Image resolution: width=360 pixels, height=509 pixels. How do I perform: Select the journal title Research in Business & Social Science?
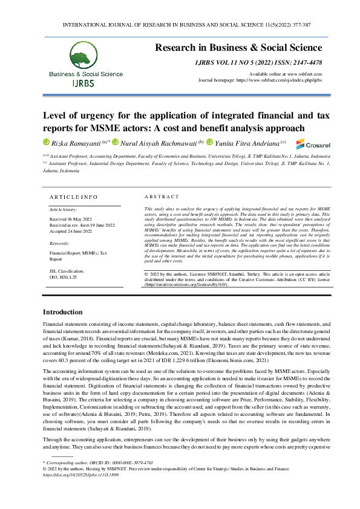(238, 48)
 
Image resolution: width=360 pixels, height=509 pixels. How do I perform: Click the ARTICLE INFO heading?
(73, 197)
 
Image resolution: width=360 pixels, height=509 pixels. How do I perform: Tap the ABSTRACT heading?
(162, 197)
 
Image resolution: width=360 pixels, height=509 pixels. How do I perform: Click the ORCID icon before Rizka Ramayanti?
(45, 143)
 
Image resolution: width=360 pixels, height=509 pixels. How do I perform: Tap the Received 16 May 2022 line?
(70, 219)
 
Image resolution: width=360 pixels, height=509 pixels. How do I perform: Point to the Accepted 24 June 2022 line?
(71, 231)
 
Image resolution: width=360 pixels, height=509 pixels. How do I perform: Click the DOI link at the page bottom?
(80, 475)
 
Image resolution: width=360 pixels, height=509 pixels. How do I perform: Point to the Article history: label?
(63, 209)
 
